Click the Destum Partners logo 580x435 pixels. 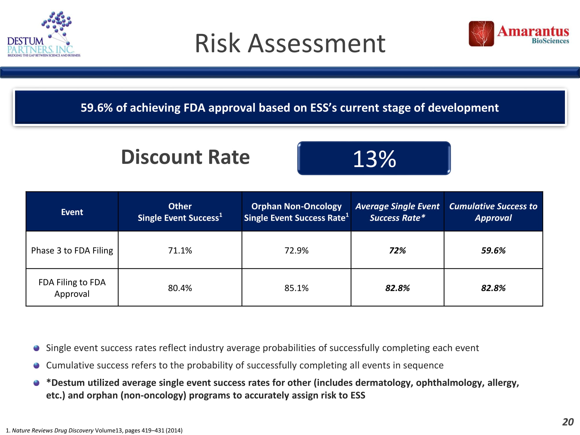coord(43,35)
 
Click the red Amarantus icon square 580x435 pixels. coord(481,34)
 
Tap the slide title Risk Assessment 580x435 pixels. coord(290,43)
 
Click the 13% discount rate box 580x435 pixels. coord(374,158)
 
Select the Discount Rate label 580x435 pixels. coord(185,157)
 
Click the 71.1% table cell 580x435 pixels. coord(180,250)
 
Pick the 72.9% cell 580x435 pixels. coord(296,250)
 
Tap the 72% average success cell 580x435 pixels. coord(397,250)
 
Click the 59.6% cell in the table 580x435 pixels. coord(493,250)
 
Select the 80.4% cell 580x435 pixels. coord(180,288)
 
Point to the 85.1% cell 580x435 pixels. coord(296,288)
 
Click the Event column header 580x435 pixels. coord(72,212)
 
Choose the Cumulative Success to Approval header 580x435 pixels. coord(493,212)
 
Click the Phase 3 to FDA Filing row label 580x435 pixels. coord(72,250)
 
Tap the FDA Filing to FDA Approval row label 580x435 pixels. coord(72,288)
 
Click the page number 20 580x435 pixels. coord(568,422)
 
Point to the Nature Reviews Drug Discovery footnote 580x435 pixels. coord(94,430)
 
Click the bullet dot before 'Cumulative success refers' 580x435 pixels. coord(37,365)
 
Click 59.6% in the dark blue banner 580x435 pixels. coord(96,108)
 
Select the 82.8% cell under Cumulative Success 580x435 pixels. coord(493,288)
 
